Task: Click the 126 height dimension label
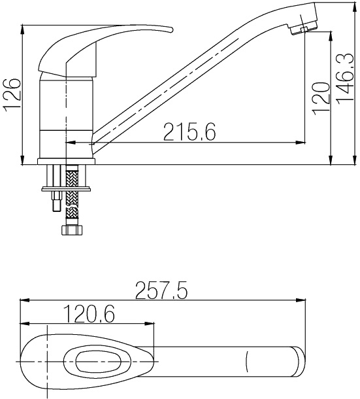pos(12,95)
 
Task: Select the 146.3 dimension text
pos(346,78)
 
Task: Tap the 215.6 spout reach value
pos(189,131)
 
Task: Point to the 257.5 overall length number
pos(161,290)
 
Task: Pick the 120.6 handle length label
pos(90,313)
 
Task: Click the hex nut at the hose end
pos(73,230)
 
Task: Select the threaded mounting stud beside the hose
pos(56,201)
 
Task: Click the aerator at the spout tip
pos(303,27)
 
